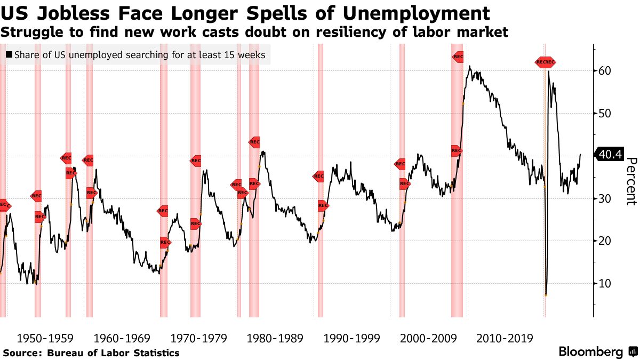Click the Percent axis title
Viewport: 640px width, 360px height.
631,181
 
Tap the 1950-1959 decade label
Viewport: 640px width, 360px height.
45,338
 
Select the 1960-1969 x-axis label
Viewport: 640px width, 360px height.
123,338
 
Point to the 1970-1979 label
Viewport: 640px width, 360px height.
199,338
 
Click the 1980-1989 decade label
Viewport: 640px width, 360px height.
275,338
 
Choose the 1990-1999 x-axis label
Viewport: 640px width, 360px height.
352,338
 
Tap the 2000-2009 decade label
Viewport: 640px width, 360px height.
428,338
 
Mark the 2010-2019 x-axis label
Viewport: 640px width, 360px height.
505,338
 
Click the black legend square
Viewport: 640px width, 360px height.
9,55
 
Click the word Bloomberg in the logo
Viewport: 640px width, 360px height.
590,352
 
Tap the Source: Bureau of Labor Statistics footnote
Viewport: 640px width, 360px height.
91,353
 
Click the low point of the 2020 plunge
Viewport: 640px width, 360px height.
546,295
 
